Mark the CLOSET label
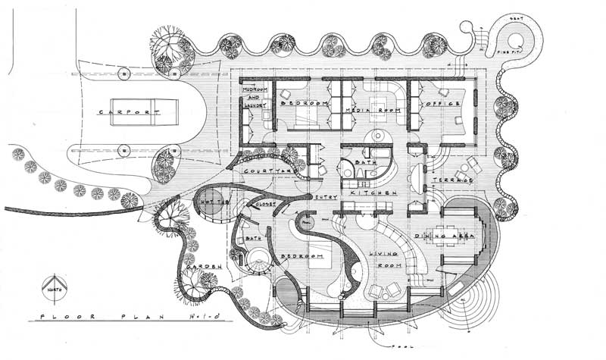tap(264, 205)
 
